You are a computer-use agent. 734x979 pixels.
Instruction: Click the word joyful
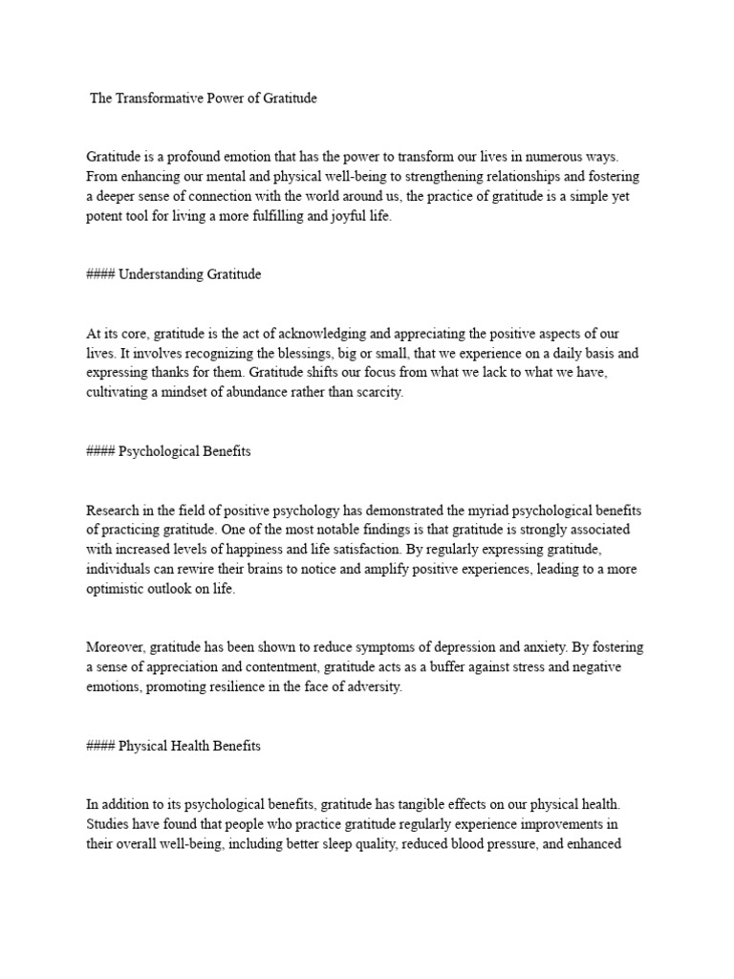pyautogui.click(x=337, y=217)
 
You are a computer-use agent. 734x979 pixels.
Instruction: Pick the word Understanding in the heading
pyautogui.click(x=162, y=274)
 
